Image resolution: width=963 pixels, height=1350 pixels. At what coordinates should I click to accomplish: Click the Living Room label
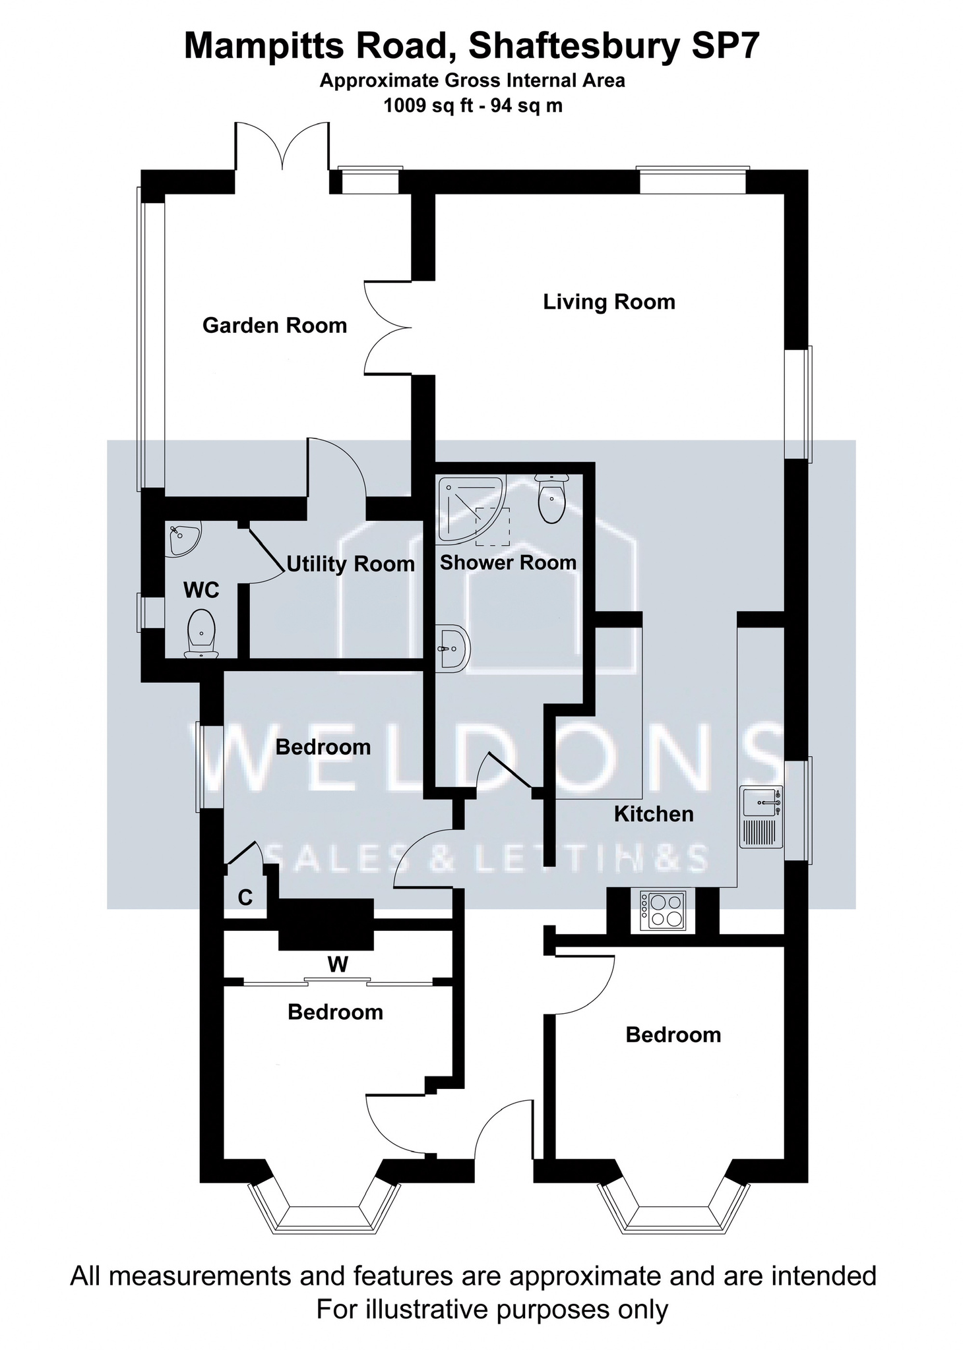609,302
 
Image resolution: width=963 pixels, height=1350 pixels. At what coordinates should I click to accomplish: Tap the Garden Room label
274,325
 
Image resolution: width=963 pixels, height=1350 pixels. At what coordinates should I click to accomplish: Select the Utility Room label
350,564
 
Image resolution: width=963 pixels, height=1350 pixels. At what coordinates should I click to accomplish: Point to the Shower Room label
508,562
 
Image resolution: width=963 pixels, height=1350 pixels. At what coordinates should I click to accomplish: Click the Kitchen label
654,814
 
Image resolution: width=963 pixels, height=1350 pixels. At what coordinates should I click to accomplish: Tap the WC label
201,590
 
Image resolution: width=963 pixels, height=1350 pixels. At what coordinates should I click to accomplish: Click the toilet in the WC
201,634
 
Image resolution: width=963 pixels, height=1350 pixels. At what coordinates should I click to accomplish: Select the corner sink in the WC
183,540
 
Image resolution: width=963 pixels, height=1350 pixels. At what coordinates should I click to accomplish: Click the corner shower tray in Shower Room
472,509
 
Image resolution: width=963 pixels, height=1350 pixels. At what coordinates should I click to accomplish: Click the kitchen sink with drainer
761,817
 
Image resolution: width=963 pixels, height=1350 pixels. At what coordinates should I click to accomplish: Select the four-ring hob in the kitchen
663,911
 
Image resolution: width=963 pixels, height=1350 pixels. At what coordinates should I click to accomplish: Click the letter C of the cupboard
245,897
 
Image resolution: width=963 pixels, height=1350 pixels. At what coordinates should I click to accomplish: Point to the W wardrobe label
338,965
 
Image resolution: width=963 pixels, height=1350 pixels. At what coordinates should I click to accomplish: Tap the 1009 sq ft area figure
429,105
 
